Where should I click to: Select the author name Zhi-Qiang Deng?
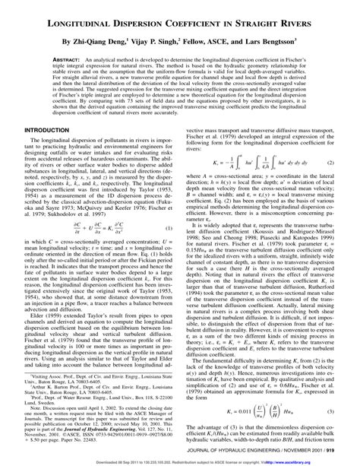[x=103, y=40]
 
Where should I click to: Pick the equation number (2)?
[x=332, y=163]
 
